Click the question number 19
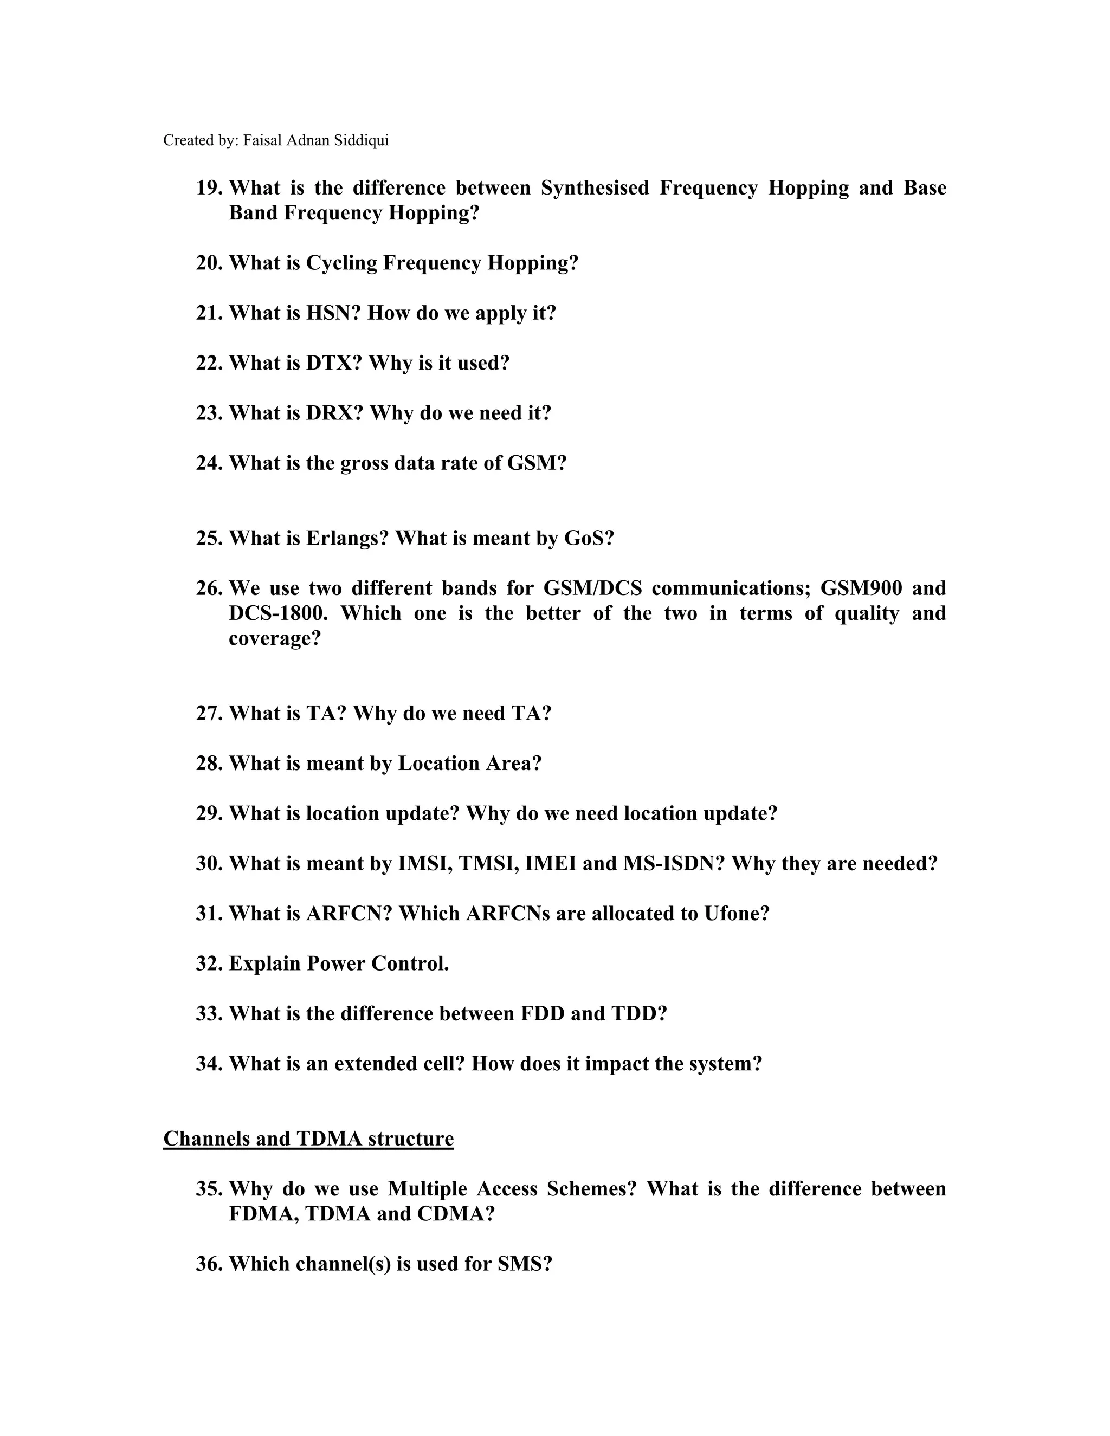210,188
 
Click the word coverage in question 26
274,638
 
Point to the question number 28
210,764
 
